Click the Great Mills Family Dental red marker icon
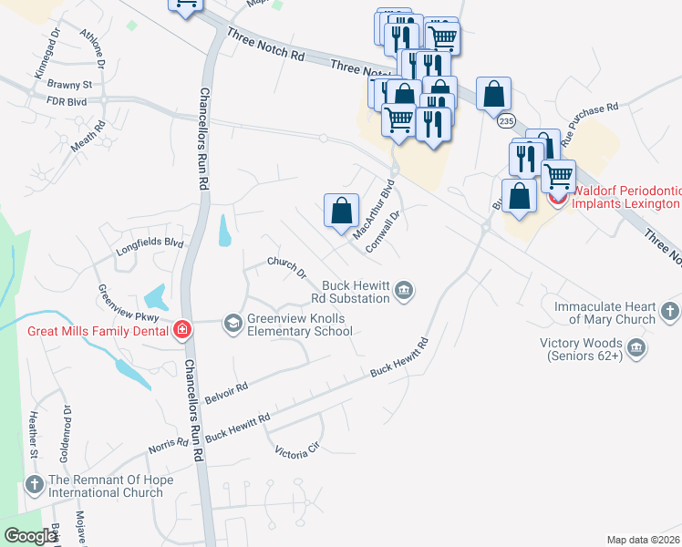coord(182,330)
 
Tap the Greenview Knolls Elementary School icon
coord(233,322)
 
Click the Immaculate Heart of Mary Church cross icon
coord(670,312)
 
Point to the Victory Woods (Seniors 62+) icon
coord(636,348)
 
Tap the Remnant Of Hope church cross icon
coord(34,485)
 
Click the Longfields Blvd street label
coord(150,245)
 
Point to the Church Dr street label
coord(286,267)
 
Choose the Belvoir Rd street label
coord(227,393)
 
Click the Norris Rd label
coord(168,449)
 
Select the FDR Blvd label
coord(66,102)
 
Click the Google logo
coord(31,537)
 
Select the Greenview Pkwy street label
coord(129,304)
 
